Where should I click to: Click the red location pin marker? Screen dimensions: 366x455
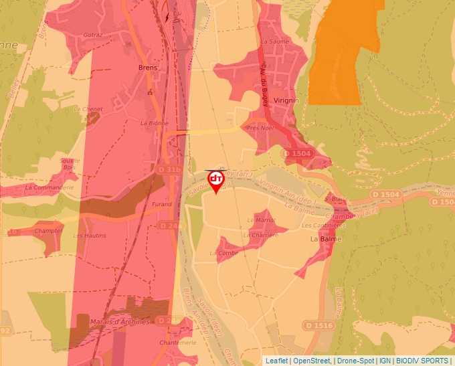click(x=216, y=181)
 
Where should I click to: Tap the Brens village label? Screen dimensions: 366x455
click(x=147, y=68)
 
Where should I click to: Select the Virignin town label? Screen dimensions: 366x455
click(x=286, y=100)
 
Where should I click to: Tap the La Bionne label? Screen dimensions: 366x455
click(x=154, y=123)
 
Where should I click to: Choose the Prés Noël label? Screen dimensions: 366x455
click(x=260, y=127)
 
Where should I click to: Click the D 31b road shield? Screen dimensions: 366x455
click(x=170, y=171)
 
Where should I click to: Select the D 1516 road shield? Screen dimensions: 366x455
click(x=318, y=325)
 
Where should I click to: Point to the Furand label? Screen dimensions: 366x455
click(x=162, y=204)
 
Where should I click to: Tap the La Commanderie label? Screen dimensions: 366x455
click(x=49, y=188)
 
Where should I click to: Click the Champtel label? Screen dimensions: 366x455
click(x=49, y=230)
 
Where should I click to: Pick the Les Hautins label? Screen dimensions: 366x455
click(x=90, y=236)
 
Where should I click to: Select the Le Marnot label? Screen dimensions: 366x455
click(x=262, y=219)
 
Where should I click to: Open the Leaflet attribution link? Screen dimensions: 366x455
click(x=276, y=361)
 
